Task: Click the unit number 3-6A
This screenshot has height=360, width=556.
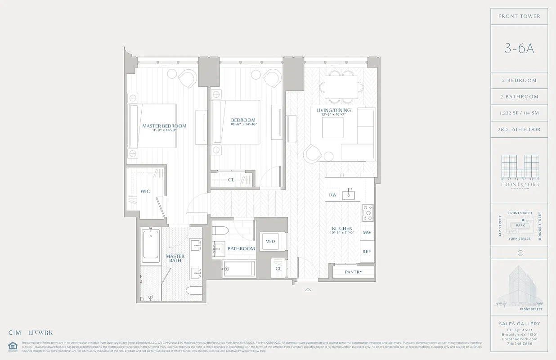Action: [x=519, y=49]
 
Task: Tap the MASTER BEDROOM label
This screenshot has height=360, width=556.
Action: [x=164, y=126]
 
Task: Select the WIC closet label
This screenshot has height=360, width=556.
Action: [x=145, y=192]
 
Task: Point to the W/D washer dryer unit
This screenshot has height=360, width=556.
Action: [x=270, y=242]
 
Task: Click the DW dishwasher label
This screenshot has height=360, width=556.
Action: [x=333, y=195]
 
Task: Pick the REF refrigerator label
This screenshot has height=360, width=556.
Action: [x=367, y=252]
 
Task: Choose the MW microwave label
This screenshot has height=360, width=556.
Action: [x=367, y=233]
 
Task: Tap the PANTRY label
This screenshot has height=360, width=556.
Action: [x=354, y=272]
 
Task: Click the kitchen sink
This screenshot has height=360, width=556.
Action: [x=349, y=195]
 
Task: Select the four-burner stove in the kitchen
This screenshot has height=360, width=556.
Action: [x=368, y=212]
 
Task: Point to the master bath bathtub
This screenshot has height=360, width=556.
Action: [x=150, y=247]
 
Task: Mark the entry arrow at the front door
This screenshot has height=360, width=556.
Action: [x=308, y=289]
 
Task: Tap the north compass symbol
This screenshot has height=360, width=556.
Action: [x=520, y=252]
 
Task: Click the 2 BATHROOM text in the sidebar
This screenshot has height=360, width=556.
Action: [x=520, y=97]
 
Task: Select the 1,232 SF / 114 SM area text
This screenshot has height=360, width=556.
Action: [x=520, y=113]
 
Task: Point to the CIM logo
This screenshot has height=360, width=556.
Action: [x=15, y=333]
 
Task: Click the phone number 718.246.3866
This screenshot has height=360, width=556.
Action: [x=520, y=343]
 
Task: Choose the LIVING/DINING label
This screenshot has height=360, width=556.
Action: [x=333, y=110]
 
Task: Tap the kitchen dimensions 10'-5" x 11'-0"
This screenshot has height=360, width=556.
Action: [x=342, y=233]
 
